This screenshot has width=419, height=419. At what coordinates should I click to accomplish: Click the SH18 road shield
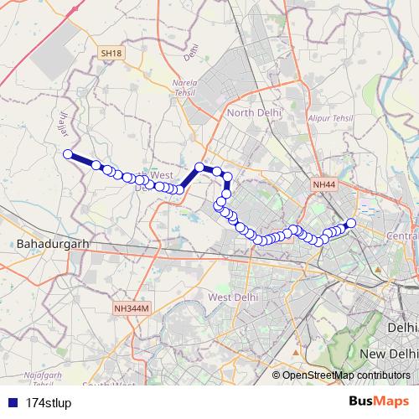point(111,53)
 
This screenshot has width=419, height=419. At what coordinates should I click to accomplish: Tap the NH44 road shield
point(323,184)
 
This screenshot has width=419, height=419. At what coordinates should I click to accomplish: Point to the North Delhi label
point(251,112)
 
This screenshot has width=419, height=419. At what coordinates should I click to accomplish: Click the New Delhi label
point(388,354)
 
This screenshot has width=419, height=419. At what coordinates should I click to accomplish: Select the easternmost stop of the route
point(351,222)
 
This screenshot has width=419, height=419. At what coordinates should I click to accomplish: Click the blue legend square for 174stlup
point(13,401)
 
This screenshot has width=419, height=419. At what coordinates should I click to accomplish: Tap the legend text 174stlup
point(49,401)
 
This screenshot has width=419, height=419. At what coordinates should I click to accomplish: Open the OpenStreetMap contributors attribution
point(345,375)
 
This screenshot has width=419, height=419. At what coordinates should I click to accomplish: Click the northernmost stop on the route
point(199,167)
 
